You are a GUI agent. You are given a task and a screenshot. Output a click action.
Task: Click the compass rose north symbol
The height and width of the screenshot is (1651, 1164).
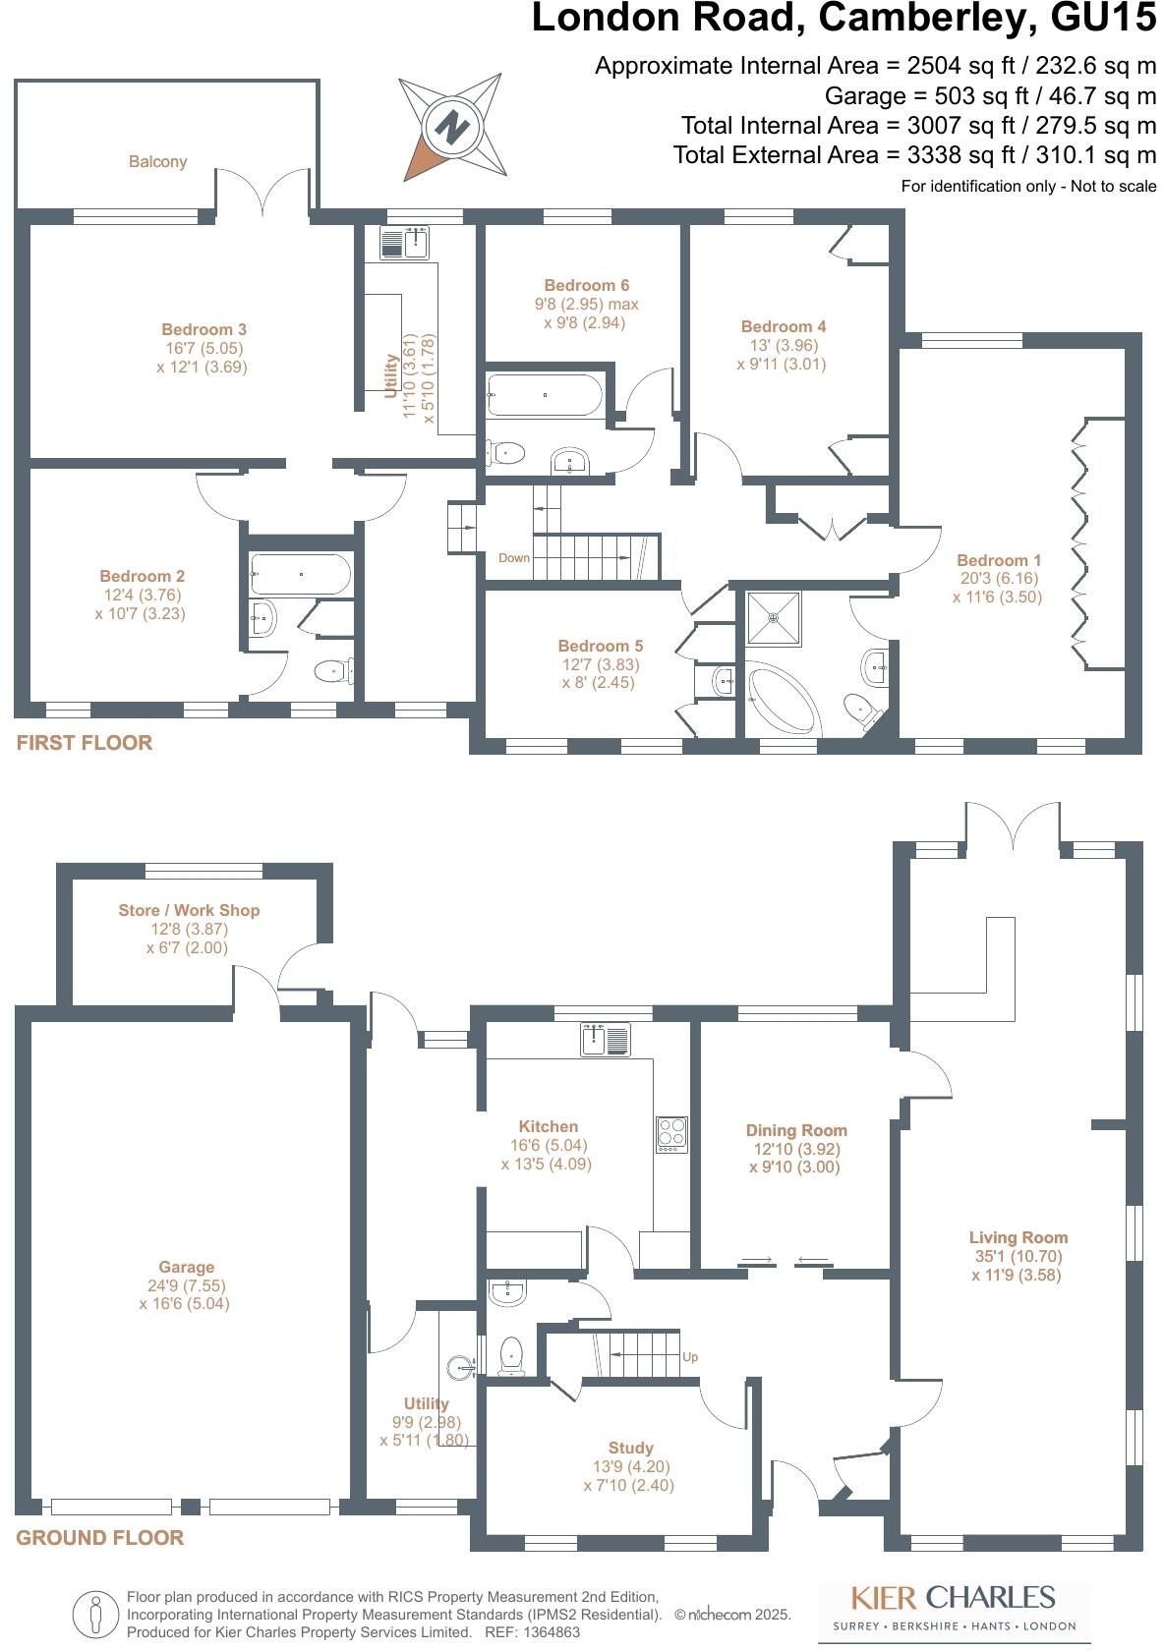(452, 127)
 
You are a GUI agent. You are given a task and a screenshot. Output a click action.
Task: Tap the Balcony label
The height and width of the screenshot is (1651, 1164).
(157, 161)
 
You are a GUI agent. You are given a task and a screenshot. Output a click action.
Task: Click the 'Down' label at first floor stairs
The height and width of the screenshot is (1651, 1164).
(514, 557)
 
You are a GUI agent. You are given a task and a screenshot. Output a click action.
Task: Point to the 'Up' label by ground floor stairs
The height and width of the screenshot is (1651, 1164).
(690, 1357)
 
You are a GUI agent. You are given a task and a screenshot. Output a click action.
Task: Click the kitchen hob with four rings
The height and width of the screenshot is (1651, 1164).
(672, 1134)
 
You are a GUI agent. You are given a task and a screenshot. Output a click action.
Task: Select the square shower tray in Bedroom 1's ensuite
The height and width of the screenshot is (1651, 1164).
(774, 618)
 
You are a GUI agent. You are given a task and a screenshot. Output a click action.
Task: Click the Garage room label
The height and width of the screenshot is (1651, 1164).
(187, 1267)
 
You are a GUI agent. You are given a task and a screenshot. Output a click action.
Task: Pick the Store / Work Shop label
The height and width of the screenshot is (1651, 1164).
(189, 910)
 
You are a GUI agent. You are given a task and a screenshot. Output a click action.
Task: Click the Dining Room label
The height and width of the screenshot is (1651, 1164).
(796, 1130)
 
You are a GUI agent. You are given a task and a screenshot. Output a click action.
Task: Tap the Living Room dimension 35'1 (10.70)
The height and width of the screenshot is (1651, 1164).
(1018, 1256)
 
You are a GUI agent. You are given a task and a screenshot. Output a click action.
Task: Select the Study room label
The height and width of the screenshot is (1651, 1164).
(630, 1448)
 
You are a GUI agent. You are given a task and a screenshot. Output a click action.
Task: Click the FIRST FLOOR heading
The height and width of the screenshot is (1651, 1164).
(85, 743)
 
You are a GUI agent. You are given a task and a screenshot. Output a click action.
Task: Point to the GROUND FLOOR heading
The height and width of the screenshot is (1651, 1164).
(99, 1538)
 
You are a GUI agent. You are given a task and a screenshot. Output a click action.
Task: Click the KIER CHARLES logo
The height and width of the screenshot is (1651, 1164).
(952, 1597)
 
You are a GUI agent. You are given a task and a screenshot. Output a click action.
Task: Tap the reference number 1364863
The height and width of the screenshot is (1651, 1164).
(548, 1632)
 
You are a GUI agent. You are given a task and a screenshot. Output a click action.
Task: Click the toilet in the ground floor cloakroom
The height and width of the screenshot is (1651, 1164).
(511, 1357)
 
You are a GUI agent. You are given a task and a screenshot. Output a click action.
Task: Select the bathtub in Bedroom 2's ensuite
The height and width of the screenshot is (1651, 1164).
(300, 574)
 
